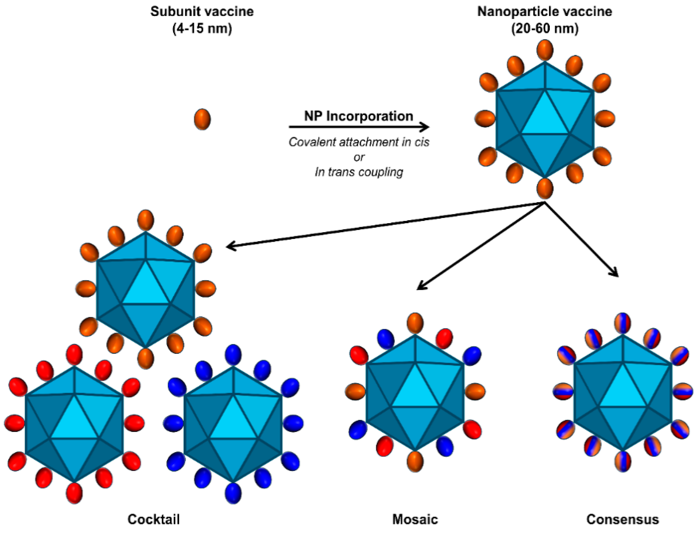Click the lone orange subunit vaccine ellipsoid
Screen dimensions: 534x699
point(202,119)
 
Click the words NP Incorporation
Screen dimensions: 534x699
point(359,116)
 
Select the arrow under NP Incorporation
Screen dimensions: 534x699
point(359,127)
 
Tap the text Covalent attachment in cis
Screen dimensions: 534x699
point(359,142)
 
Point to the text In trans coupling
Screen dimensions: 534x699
point(359,172)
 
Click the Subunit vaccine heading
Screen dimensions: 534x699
point(202,12)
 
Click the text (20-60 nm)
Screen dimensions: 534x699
point(545,29)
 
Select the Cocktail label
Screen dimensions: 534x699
point(154,519)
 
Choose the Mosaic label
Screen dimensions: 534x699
point(415,519)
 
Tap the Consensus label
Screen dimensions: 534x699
point(622,519)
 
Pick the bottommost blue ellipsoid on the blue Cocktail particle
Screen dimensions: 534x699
point(233,493)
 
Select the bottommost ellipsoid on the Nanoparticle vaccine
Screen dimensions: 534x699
point(545,188)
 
